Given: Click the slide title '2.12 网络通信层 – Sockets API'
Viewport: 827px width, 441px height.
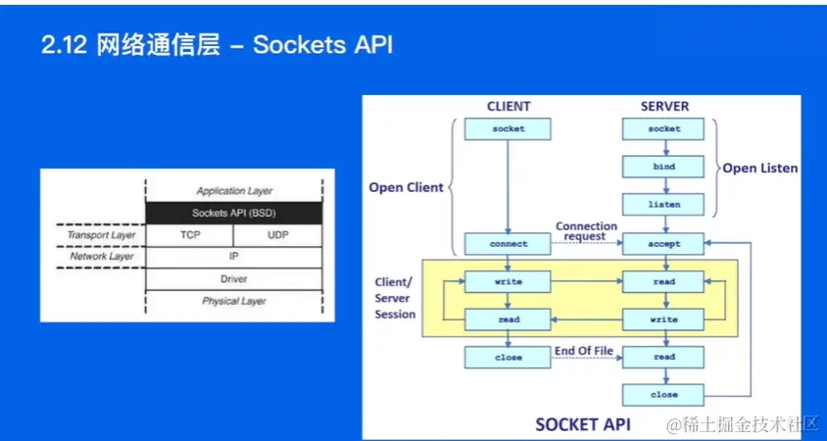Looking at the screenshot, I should click(217, 46).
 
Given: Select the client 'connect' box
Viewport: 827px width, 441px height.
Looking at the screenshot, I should click(508, 243).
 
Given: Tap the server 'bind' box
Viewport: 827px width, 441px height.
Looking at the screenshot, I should click(663, 167).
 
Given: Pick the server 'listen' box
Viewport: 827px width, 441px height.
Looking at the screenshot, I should click(663, 205).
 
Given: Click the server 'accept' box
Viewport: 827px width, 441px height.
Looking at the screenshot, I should click(663, 243).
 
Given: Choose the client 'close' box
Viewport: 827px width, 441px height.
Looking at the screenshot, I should click(508, 358).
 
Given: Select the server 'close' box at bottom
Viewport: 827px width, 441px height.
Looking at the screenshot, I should click(663, 395).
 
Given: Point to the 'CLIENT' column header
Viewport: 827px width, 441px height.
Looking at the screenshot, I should click(508, 106).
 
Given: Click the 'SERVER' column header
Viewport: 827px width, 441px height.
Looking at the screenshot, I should click(664, 106).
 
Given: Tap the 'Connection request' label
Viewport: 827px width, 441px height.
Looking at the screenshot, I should click(587, 231).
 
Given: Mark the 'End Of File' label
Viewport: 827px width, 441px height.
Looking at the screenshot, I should click(585, 351).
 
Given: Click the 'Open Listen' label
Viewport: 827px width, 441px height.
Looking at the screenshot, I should click(759, 168).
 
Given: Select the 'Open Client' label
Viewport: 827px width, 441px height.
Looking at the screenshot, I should click(406, 187).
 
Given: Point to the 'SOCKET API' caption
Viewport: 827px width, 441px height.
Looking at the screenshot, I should click(582, 424).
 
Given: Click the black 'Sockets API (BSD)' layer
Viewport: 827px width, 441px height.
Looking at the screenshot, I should click(233, 213).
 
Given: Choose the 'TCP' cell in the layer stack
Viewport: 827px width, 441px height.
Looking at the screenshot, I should click(190, 235).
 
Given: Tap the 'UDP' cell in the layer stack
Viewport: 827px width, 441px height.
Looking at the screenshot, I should click(278, 235).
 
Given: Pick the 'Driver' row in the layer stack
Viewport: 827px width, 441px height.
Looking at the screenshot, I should click(233, 279).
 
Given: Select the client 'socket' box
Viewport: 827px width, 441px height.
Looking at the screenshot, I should click(508, 128).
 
